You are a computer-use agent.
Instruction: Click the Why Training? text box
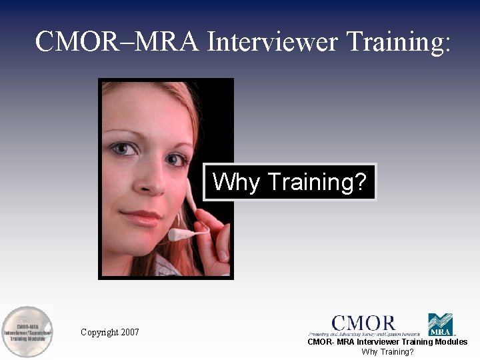(x=290, y=182)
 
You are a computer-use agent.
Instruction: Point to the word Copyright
(x=99, y=332)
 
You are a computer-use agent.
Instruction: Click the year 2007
(x=131, y=332)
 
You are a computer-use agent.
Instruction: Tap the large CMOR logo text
(x=363, y=324)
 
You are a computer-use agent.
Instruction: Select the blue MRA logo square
(x=440, y=324)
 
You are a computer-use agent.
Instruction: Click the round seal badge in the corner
(x=27, y=331)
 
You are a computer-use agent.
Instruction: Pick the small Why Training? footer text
(x=387, y=351)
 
